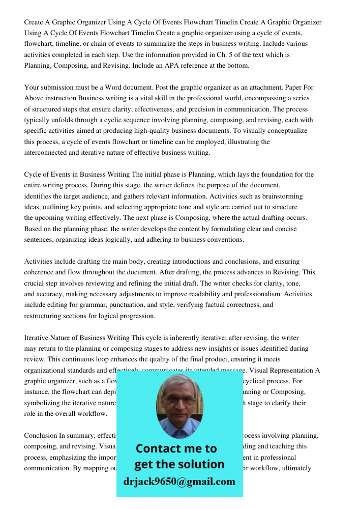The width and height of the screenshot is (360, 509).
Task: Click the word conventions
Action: click(227, 239)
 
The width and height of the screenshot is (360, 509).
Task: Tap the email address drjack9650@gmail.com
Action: click(179, 482)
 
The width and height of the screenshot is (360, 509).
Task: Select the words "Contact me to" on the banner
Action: click(176, 448)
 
